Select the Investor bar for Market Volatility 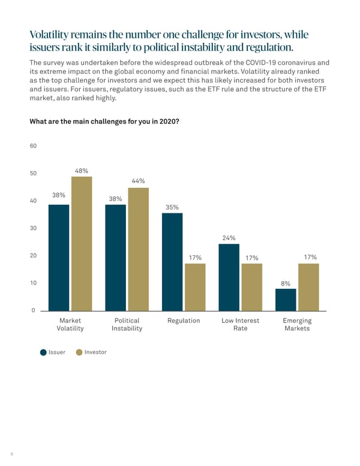point(82,243)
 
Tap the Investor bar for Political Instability point(138,249)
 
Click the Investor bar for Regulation point(195,286)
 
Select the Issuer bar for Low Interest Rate point(229,277)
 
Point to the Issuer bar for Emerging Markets point(286,299)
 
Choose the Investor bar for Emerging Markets point(308,286)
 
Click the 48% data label point(82,171)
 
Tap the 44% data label point(138,181)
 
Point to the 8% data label point(286,283)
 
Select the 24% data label point(229,238)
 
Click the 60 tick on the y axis point(33,146)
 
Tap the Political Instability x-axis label point(127,325)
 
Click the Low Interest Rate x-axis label point(240,325)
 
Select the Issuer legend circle point(43,352)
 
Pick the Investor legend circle point(79,352)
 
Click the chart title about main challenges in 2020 point(104,122)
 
